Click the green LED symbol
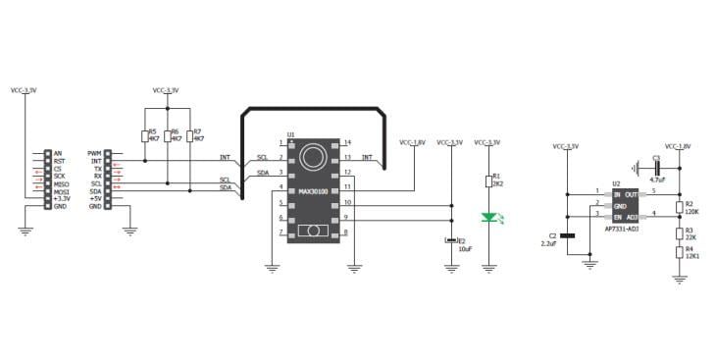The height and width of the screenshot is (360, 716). point(487,218)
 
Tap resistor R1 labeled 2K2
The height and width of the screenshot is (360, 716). point(487,181)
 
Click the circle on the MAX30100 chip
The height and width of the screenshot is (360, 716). point(313,156)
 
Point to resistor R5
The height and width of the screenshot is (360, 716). point(144,136)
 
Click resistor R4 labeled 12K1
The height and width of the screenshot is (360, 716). point(678,252)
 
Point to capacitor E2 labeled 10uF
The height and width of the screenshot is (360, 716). point(451,240)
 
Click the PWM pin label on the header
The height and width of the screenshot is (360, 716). point(95,153)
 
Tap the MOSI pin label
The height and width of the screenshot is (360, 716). point(60,190)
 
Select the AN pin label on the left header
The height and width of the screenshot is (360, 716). point(58,153)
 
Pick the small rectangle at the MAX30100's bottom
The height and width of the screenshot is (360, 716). point(313,231)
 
